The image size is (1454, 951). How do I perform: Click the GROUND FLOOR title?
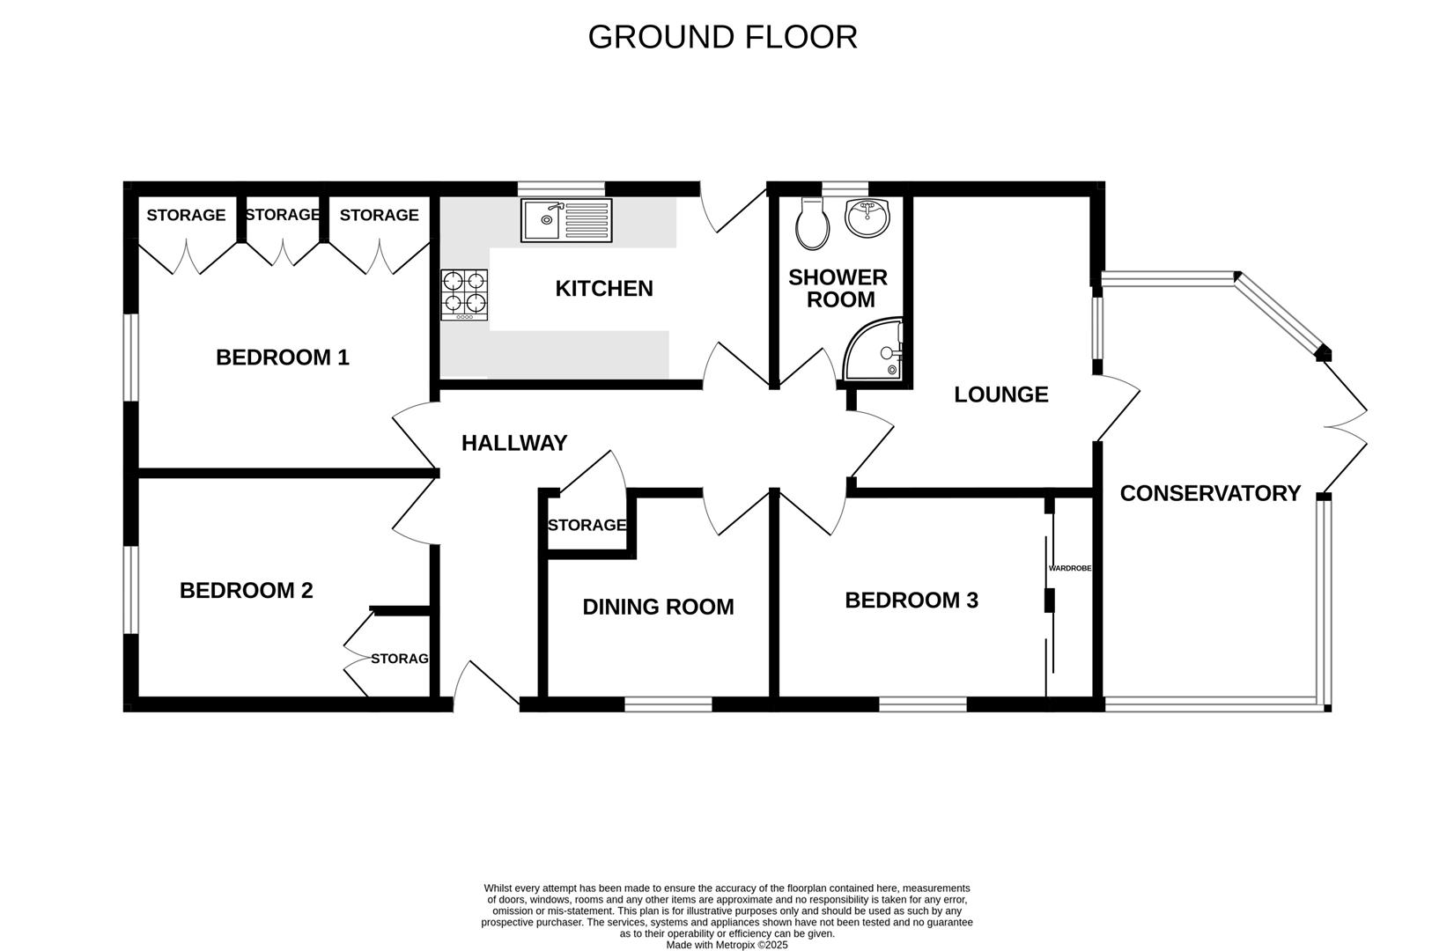(722, 37)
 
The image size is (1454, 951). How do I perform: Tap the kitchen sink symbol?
(565, 220)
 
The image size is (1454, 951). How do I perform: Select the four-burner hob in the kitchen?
(464, 294)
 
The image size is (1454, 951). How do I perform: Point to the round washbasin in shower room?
(867, 217)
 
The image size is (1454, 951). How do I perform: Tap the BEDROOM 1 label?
(282, 358)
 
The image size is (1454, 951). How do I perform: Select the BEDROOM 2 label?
(246, 590)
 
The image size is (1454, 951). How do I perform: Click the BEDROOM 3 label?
(912, 601)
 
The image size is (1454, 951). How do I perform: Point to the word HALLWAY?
(514, 443)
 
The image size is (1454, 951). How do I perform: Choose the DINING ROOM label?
(658, 607)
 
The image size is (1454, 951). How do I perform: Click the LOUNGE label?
(1001, 394)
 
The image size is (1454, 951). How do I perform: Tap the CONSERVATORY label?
(1210, 493)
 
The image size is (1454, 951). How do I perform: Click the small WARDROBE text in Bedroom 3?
(1069, 569)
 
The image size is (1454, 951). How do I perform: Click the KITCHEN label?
(604, 289)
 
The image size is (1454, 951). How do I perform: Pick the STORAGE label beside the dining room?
(587, 526)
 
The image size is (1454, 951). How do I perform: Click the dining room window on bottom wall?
(668, 704)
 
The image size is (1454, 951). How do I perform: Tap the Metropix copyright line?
(727, 945)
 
